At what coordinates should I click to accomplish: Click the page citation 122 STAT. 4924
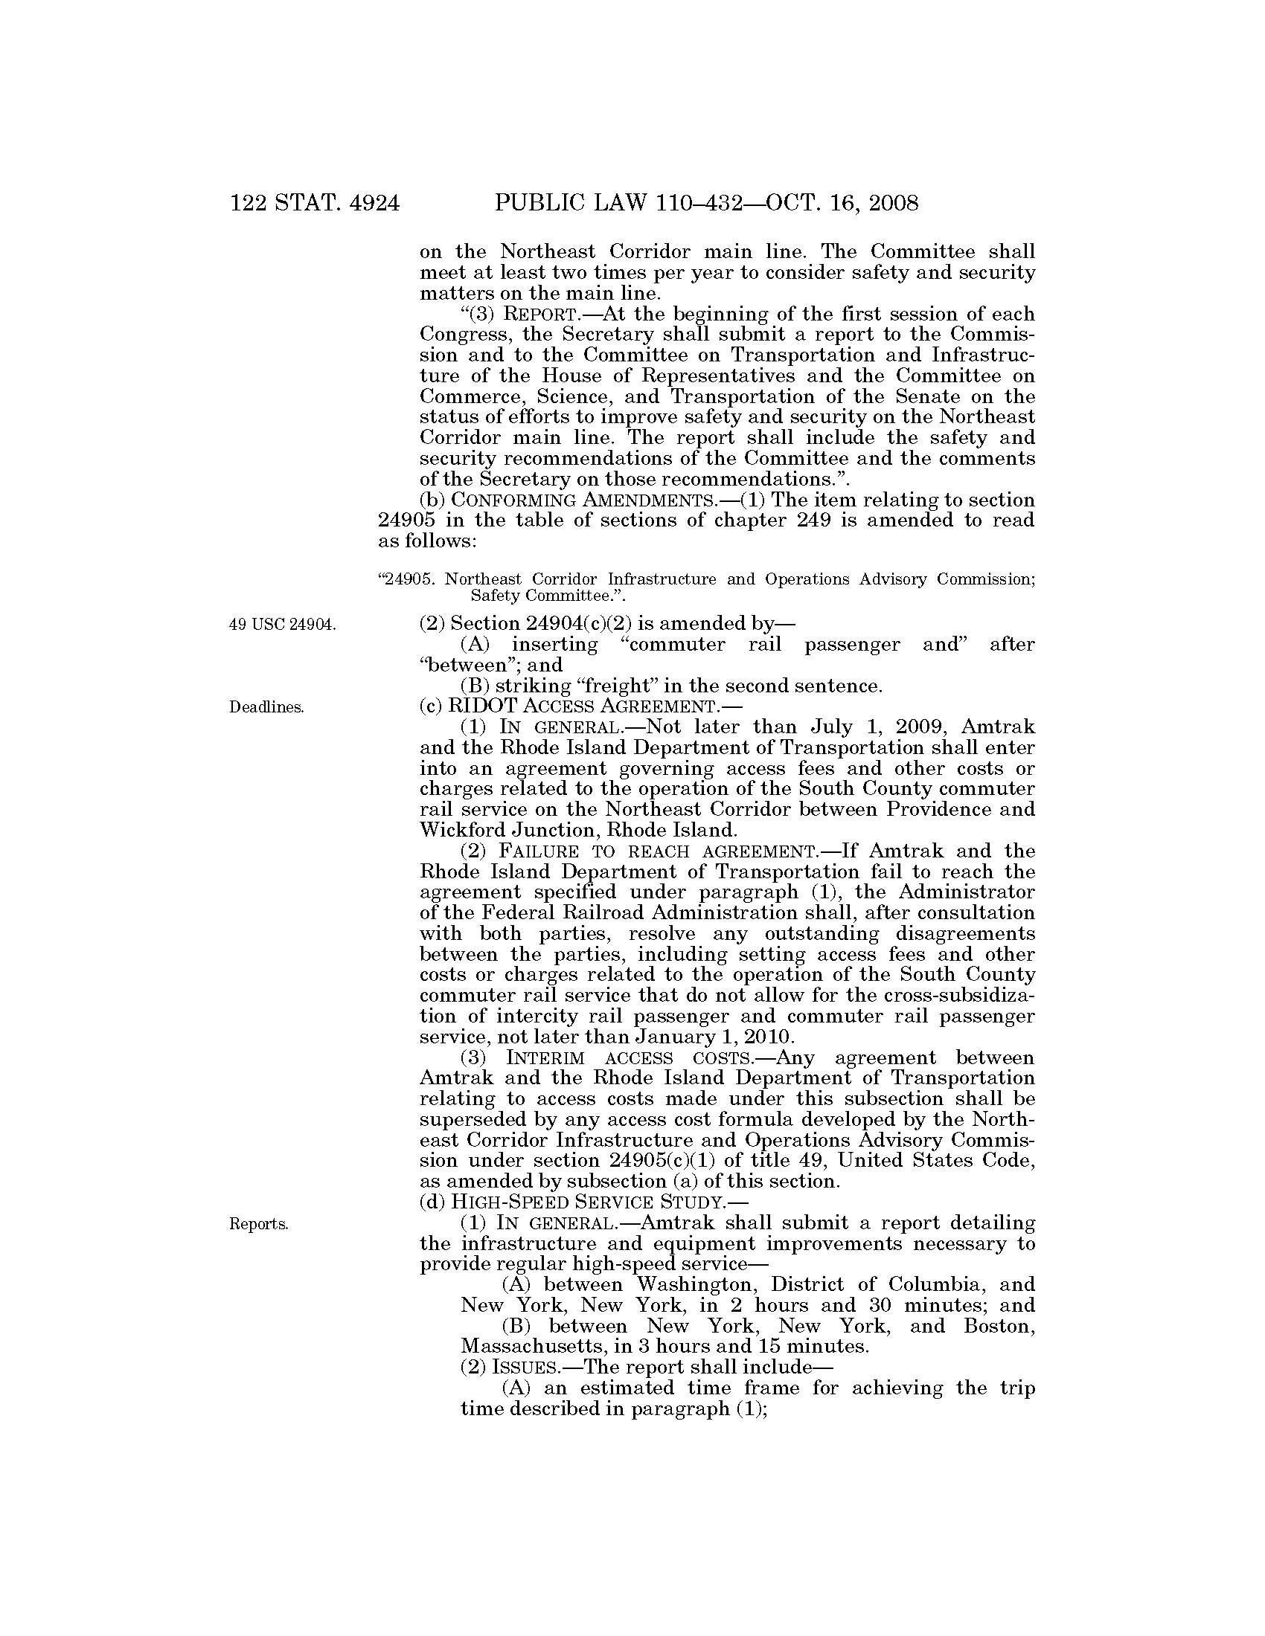coord(315,203)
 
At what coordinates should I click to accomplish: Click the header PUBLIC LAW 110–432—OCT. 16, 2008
coord(706,203)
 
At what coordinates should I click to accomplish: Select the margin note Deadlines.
coord(267,707)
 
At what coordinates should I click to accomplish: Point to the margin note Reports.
coord(259,1224)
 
